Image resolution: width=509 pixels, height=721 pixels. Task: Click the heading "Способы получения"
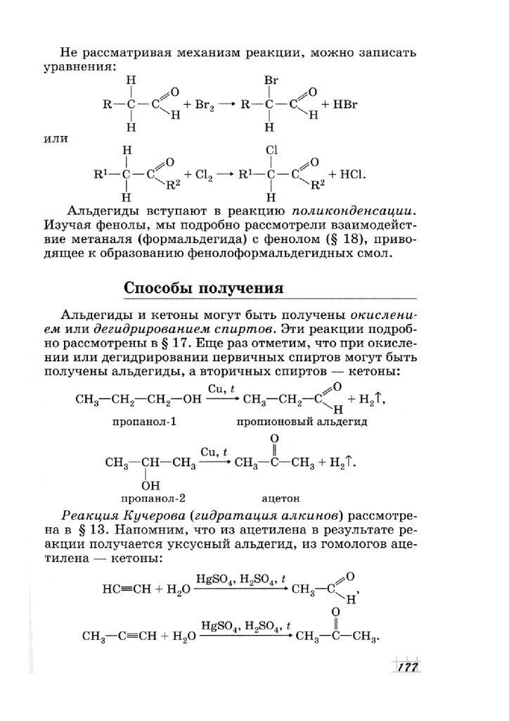[x=203, y=289]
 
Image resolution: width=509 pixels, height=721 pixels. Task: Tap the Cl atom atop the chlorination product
[x=273, y=150]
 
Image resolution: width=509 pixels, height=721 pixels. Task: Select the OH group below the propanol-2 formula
[x=150, y=484]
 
